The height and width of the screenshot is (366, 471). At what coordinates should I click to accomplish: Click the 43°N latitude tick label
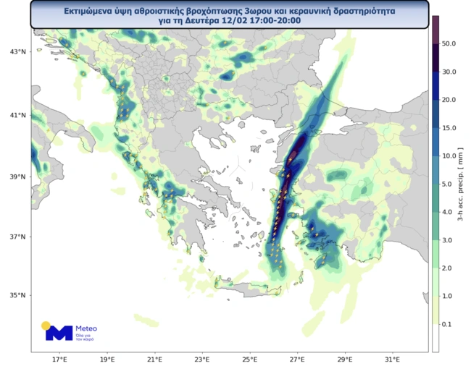(x=18, y=53)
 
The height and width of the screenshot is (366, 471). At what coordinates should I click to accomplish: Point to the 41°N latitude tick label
(x=18, y=115)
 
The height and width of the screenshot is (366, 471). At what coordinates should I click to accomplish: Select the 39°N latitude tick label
(x=18, y=176)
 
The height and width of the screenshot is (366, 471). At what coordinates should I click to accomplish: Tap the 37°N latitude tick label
(x=18, y=237)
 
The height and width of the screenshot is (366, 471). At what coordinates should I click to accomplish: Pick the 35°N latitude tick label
(x=18, y=295)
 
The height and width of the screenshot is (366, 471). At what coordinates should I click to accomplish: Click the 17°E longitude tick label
(x=59, y=359)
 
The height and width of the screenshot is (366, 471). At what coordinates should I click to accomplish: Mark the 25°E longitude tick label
(x=249, y=359)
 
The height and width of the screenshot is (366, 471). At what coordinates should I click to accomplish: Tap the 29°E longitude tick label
(x=344, y=359)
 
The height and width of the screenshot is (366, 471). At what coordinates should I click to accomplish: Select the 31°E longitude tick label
(x=392, y=359)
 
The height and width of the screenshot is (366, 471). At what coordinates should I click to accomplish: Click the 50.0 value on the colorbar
(x=449, y=44)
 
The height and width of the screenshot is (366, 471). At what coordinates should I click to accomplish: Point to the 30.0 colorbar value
(x=449, y=72)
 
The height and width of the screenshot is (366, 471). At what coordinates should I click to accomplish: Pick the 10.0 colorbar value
(x=449, y=156)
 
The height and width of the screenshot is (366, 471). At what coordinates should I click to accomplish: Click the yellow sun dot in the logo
(x=46, y=325)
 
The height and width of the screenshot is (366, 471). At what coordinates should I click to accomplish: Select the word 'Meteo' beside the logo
(x=86, y=328)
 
